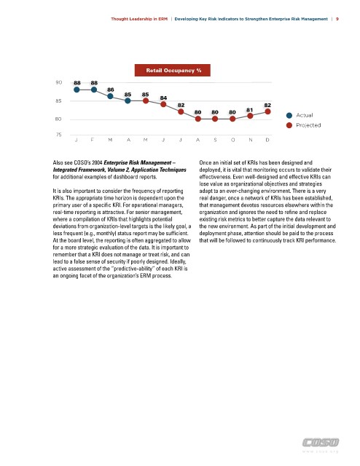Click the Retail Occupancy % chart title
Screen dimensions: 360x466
pyautogui.click(x=173, y=71)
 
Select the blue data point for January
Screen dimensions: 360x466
pyautogui.click(x=77, y=90)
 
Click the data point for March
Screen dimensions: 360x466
pyautogui.click(x=110, y=96)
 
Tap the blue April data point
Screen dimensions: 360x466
pyautogui.click(x=128, y=100)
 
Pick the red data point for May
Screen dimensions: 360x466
pyautogui.click(x=146, y=100)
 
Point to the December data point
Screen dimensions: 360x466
pyautogui.click(x=267, y=111)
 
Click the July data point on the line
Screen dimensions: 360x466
pyautogui.click(x=181, y=111)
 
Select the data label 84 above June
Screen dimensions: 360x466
pyautogui.click(x=163, y=98)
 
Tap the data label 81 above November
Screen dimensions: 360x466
pyautogui.click(x=250, y=110)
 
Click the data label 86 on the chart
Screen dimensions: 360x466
pyautogui.click(x=110, y=90)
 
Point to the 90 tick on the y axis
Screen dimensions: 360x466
pyautogui.click(x=58, y=82)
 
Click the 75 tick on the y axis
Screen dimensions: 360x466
pyautogui.click(x=58, y=135)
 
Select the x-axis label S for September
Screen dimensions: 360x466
pyautogui.click(x=215, y=140)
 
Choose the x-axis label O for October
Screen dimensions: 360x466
pyautogui.click(x=233, y=140)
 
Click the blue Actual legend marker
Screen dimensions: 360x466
pyautogui.click(x=289, y=115)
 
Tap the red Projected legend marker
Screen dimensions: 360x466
pyautogui.click(x=289, y=125)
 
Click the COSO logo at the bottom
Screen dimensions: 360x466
pyautogui.click(x=321, y=443)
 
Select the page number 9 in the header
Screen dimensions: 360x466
pyautogui.click(x=337, y=19)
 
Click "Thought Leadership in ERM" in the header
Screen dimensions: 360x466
pyautogui.click(x=139, y=19)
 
